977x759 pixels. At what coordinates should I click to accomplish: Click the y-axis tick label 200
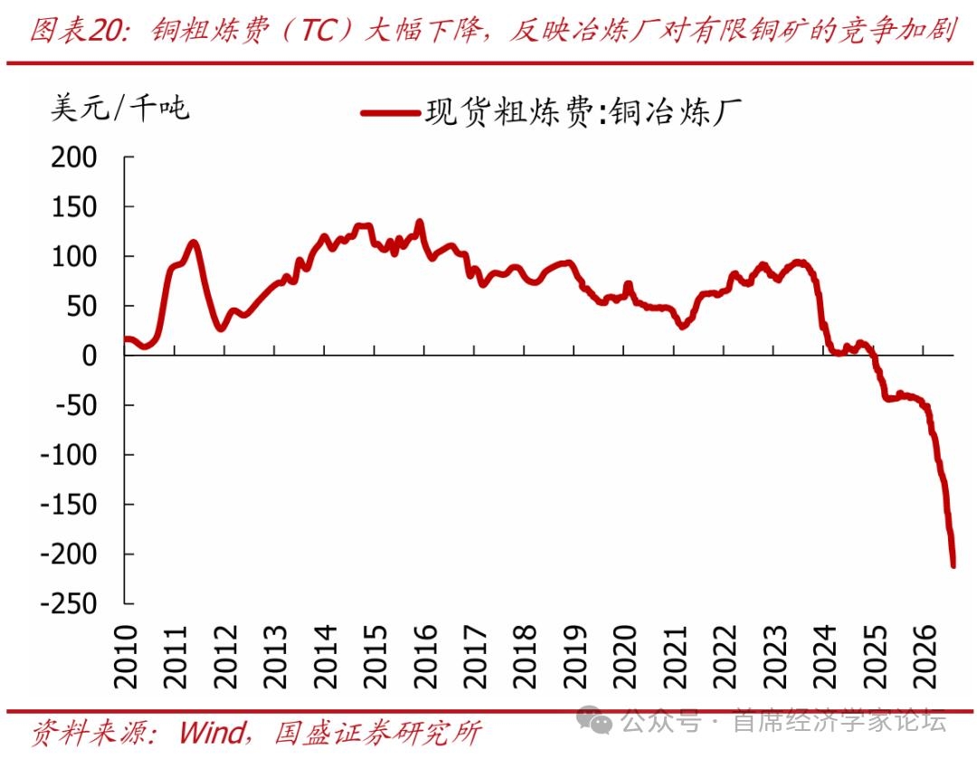(x=74, y=157)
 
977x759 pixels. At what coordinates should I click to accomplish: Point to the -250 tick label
(x=69, y=603)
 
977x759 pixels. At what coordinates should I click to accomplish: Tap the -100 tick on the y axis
(x=69, y=455)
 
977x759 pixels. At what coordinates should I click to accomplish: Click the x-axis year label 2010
(x=126, y=657)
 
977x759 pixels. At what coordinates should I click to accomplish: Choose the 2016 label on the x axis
(x=425, y=657)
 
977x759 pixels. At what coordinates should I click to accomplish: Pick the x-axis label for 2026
(x=925, y=657)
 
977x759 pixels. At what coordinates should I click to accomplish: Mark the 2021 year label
(x=676, y=657)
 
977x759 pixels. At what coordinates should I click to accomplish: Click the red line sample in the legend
(x=390, y=113)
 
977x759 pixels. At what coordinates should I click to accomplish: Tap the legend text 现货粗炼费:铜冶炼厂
(x=583, y=112)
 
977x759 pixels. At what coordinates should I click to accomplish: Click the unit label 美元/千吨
(x=119, y=108)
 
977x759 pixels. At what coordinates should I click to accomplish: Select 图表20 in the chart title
(x=78, y=29)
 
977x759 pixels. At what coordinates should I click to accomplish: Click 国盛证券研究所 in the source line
(x=377, y=733)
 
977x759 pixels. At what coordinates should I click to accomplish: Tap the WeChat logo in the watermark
(x=593, y=721)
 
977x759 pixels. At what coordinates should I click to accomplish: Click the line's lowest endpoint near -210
(x=953, y=565)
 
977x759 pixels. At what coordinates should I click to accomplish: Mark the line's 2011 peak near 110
(x=194, y=242)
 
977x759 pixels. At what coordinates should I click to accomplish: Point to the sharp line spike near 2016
(x=420, y=222)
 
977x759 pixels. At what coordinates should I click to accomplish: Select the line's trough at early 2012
(x=222, y=327)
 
